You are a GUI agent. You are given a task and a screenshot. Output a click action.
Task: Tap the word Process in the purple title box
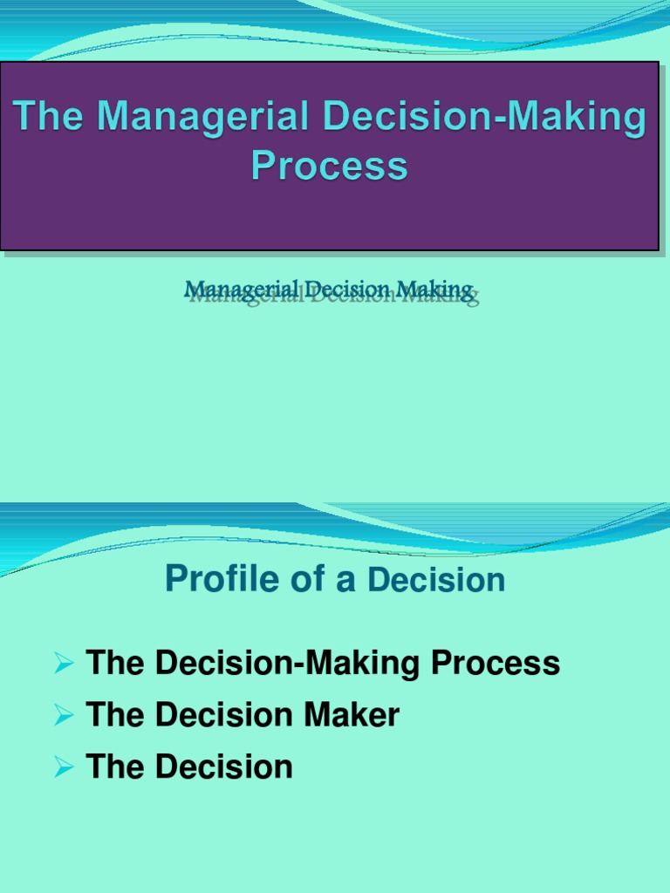coord(330,165)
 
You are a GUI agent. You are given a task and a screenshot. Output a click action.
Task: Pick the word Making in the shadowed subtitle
coord(435,290)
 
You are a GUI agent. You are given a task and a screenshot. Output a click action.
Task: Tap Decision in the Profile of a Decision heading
coord(436,579)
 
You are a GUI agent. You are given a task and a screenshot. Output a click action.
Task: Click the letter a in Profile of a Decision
coord(346,581)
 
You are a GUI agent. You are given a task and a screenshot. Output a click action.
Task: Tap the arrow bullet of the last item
coord(63,768)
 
